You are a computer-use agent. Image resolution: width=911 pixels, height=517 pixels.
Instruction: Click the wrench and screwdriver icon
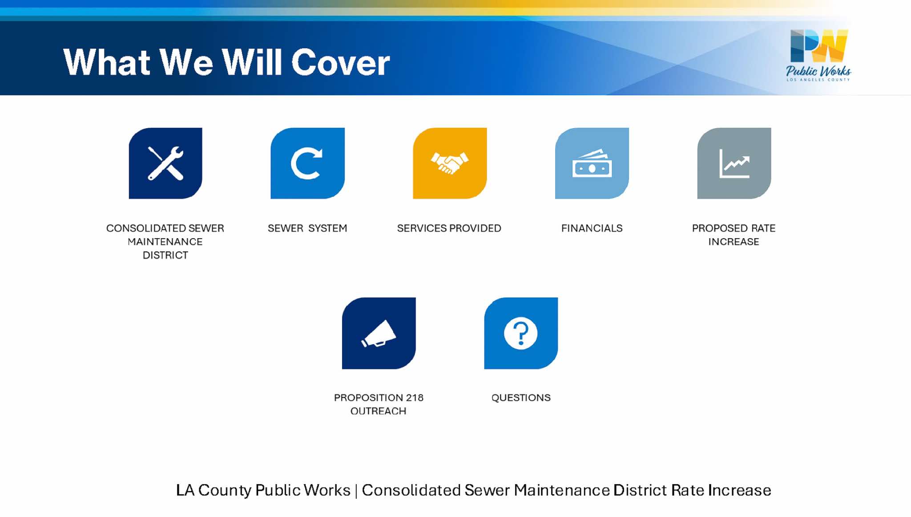click(165, 163)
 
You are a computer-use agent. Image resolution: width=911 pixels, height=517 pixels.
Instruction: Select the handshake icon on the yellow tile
click(450, 163)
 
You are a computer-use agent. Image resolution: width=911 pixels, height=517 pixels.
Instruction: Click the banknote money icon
click(592, 163)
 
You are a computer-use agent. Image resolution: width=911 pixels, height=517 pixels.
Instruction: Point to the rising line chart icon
click(734, 163)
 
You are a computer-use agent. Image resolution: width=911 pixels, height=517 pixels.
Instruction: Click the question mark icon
click(521, 333)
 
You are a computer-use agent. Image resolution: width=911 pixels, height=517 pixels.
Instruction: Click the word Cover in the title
click(341, 62)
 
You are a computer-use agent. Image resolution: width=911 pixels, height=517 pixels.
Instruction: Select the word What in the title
click(107, 62)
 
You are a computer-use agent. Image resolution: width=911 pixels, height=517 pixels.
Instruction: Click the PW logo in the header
click(819, 46)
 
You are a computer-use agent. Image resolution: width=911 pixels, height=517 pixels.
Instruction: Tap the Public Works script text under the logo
click(818, 71)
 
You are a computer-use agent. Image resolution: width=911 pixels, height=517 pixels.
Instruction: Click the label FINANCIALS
click(592, 228)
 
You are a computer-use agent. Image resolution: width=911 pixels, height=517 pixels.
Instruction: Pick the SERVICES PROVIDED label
click(449, 228)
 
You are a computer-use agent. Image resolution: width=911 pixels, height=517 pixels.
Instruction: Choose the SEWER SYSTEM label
click(307, 228)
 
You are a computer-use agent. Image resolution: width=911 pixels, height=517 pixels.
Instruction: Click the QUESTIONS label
click(521, 398)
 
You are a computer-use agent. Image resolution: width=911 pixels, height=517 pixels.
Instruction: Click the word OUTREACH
click(379, 411)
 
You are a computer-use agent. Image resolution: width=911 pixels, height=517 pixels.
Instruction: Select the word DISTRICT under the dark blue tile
click(165, 255)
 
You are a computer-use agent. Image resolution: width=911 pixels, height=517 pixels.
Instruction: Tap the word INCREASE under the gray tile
click(734, 242)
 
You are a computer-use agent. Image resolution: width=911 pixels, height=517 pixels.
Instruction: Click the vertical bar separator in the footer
click(356, 491)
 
